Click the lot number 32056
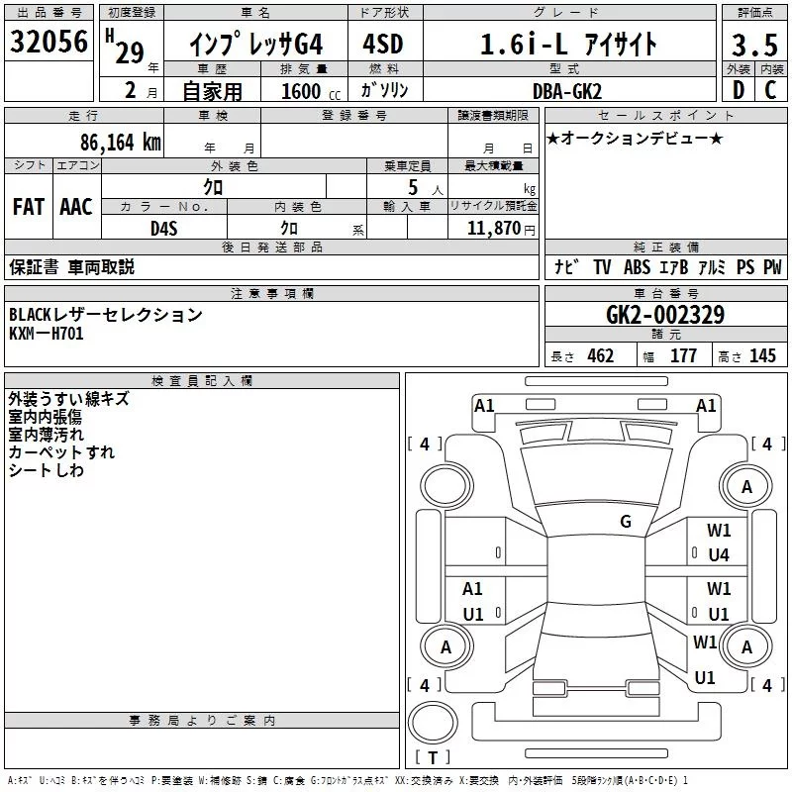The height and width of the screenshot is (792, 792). pyautogui.click(x=49, y=43)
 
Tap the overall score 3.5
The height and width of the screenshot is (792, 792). pyautogui.click(x=754, y=46)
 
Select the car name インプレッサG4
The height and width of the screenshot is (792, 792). pyautogui.click(x=255, y=45)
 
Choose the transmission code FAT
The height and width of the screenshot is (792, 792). pyautogui.click(x=28, y=207)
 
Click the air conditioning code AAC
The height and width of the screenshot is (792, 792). pyautogui.click(x=75, y=207)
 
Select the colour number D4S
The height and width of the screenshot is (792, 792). pyautogui.click(x=163, y=228)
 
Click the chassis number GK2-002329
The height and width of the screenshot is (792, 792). pyautogui.click(x=664, y=316)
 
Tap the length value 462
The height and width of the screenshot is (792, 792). pyautogui.click(x=600, y=356)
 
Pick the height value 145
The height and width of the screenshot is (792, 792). pyautogui.click(x=762, y=356)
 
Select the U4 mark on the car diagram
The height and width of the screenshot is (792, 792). pyautogui.click(x=719, y=554)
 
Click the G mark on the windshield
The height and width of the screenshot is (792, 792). pyautogui.click(x=626, y=522)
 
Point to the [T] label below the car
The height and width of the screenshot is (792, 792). pyautogui.click(x=432, y=758)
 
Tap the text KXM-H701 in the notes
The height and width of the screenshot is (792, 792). pyautogui.click(x=47, y=334)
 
